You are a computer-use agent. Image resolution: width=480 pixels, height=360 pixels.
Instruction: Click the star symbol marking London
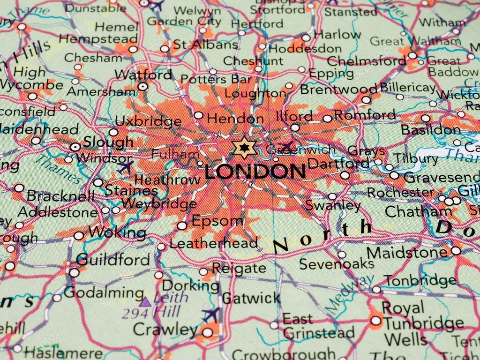click(x=245, y=148)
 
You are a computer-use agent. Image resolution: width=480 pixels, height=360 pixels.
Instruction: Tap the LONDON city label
click(x=255, y=172)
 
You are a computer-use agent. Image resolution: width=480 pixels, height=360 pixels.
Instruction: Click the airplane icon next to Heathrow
click(x=125, y=167)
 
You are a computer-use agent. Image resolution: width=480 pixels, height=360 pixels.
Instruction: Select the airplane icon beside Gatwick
click(x=211, y=314)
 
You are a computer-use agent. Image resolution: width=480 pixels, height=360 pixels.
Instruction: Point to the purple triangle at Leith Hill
click(x=145, y=301)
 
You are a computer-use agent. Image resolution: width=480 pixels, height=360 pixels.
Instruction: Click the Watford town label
click(x=143, y=75)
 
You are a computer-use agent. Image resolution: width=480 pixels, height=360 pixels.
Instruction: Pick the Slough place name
click(x=108, y=142)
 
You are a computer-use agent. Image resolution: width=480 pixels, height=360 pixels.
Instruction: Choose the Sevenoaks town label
click(x=336, y=264)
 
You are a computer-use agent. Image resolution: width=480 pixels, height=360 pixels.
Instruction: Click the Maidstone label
click(x=407, y=253)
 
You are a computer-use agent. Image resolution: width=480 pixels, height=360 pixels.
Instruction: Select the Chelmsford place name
click(x=366, y=61)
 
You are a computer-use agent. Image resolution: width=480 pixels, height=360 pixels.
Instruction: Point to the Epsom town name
click(x=217, y=221)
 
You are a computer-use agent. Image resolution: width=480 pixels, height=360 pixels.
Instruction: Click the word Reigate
click(x=239, y=268)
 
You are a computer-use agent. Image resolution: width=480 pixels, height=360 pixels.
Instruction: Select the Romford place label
click(x=364, y=115)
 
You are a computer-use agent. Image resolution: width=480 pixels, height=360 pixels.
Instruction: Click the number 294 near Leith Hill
click(x=133, y=313)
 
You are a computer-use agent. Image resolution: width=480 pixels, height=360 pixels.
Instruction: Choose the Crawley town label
click(x=165, y=329)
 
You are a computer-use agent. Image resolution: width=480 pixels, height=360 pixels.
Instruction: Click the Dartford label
click(x=338, y=164)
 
